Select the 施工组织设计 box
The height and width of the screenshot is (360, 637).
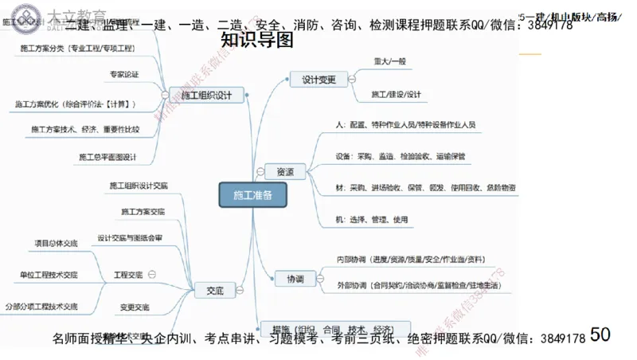(x=206, y=96)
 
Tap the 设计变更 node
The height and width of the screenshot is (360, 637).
(x=318, y=79)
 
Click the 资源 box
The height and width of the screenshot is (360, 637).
(x=284, y=172)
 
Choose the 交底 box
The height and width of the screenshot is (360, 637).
(x=214, y=292)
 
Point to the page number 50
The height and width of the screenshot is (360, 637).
(x=600, y=334)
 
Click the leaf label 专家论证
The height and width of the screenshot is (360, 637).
(x=124, y=75)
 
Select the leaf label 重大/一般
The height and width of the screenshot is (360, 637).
(x=389, y=62)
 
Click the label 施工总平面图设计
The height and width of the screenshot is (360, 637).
(x=107, y=157)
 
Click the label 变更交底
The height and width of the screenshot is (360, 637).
(x=135, y=307)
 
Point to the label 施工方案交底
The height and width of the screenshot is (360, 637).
(x=143, y=212)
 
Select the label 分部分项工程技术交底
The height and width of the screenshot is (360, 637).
(x=41, y=306)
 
